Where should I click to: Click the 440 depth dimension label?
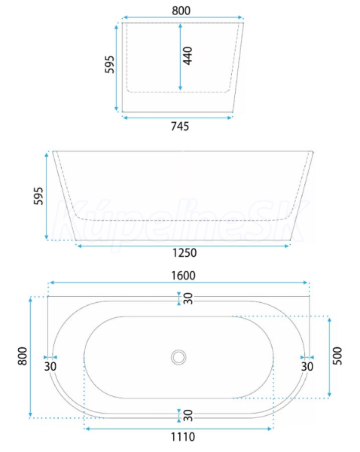[x=188, y=56]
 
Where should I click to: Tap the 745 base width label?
[x=180, y=127]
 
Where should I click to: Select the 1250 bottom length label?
[x=185, y=253]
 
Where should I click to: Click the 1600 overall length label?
[x=183, y=276]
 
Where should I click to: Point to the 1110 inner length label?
[x=183, y=437]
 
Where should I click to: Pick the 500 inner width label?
[x=337, y=356]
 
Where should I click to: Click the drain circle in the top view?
[x=178, y=357]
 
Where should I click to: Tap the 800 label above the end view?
[x=182, y=11]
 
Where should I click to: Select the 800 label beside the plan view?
[x=23, y=356]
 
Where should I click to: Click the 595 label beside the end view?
[x=109, y=65]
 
